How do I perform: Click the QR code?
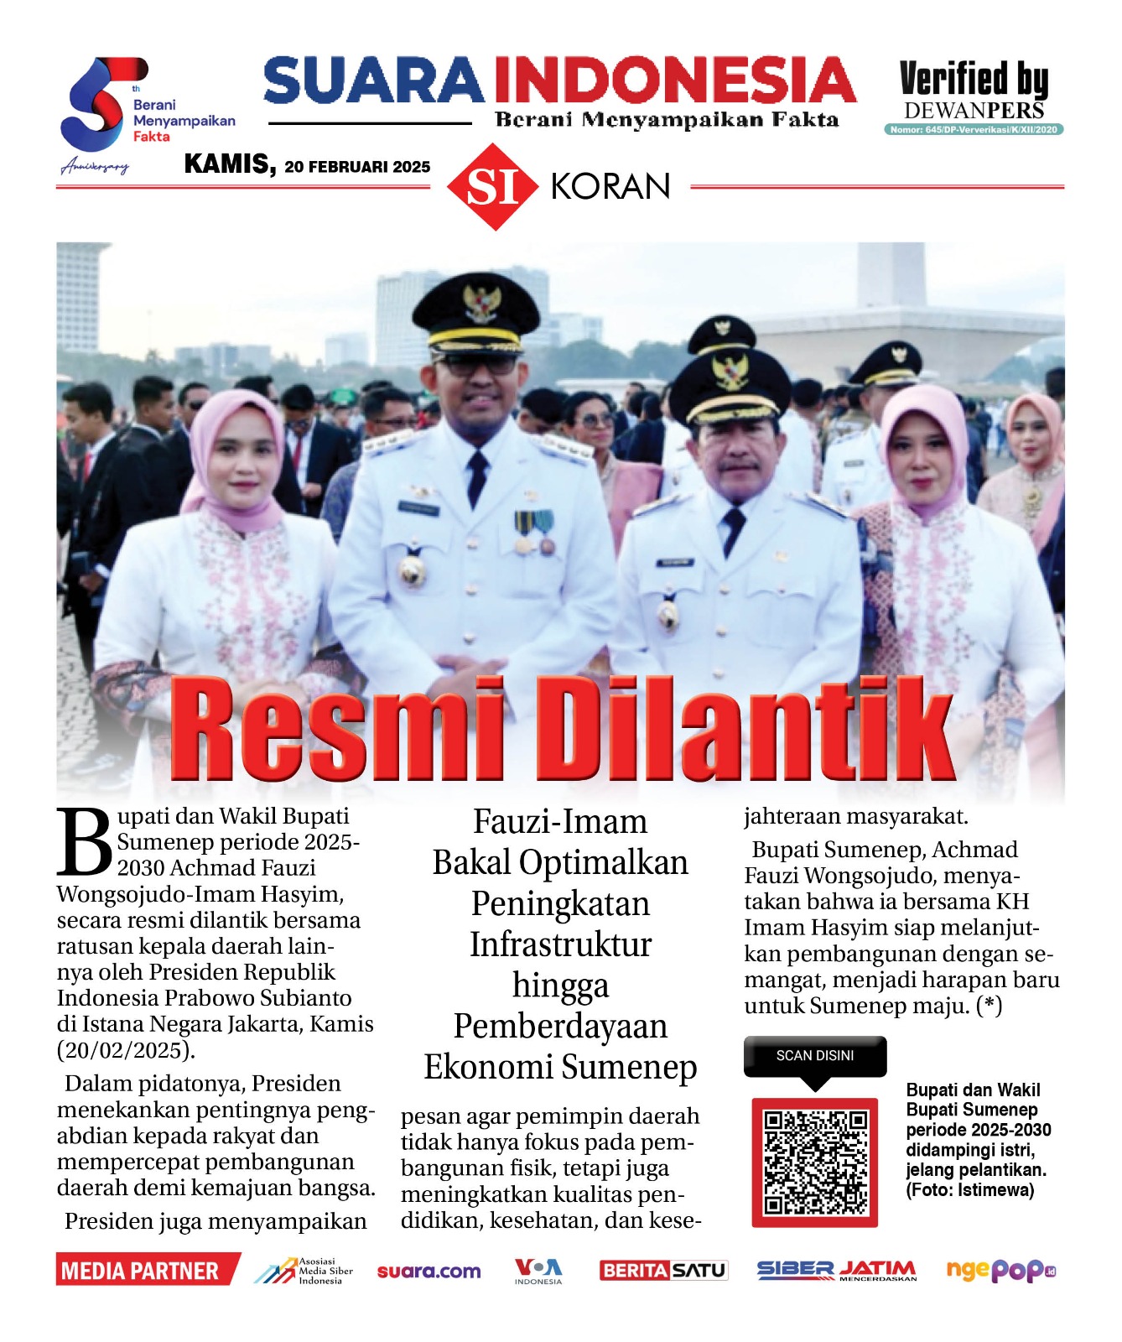(x=814, y=1162)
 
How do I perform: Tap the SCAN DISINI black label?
(x=814, y=1056)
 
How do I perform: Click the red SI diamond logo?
(x=492, y=187)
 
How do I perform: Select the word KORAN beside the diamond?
(x=610, y=186)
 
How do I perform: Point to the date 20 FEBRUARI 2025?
(x=357, y=167)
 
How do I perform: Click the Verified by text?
(x=974, y=80)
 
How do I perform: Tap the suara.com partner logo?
(x=429, y=1272)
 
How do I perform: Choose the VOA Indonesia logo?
(x=538, y=1271)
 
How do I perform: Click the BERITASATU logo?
(x=663, y=1271)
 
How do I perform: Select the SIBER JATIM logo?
(x=836, y=1271)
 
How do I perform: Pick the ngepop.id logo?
(x=1000, y=1271)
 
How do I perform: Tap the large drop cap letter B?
(x=84, y=842)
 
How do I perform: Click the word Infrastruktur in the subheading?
(x=560, y=944)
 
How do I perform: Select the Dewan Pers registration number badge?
(x=974, y=130)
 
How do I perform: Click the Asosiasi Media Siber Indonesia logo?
(x=304, y=1271)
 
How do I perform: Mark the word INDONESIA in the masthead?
(x=673, y=81)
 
